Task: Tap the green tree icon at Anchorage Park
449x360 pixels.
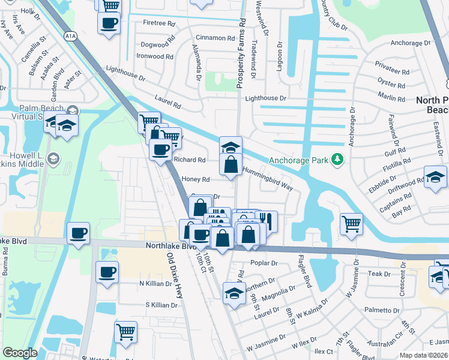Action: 337,159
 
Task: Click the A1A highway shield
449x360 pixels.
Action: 71,36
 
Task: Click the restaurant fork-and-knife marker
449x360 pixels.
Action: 266,220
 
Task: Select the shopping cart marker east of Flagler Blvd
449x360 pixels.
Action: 352,223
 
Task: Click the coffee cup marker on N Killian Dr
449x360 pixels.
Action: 108,271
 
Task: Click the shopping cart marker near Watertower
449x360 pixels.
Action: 125,332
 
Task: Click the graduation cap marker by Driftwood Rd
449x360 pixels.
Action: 435,176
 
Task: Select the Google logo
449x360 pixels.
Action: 20,353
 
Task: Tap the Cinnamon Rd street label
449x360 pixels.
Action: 214,38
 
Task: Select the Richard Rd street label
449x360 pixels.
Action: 189,160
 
